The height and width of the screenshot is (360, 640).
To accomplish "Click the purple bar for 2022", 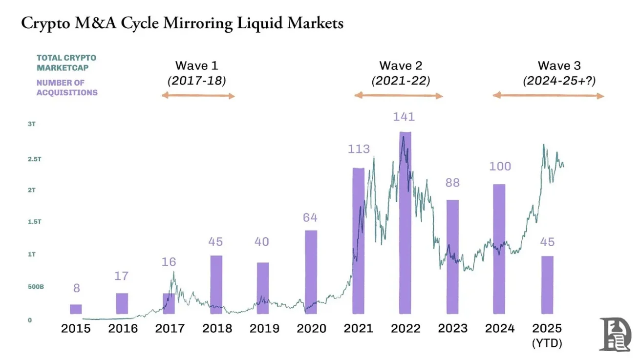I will pos(405,222).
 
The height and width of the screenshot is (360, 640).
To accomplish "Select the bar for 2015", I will pos(76,309).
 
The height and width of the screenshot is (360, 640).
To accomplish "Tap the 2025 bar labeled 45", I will pos(547,284).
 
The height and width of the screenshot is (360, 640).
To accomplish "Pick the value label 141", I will pos(404,117).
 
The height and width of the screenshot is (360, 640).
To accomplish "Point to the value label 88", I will pos(452,183).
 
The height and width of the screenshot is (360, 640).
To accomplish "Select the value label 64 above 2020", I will pos(310,218).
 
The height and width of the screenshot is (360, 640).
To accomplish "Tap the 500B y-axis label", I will pos(36,287).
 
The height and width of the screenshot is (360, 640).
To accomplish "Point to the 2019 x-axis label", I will pos(264,329).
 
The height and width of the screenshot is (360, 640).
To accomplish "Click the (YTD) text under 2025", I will pos(547,344).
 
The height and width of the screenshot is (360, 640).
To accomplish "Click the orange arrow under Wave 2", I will pos(398,96).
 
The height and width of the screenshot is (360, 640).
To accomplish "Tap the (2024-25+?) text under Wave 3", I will pos(559,81).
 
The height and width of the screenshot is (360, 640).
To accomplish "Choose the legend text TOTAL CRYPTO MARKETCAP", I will pos(66,63).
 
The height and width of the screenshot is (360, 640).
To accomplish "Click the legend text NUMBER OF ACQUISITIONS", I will pos(67,87).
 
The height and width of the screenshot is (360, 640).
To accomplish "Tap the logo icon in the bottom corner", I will pos(615,334).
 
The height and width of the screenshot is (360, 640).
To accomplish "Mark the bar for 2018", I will pos(216,284).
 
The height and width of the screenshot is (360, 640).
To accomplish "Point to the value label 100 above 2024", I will pos(500,167).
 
